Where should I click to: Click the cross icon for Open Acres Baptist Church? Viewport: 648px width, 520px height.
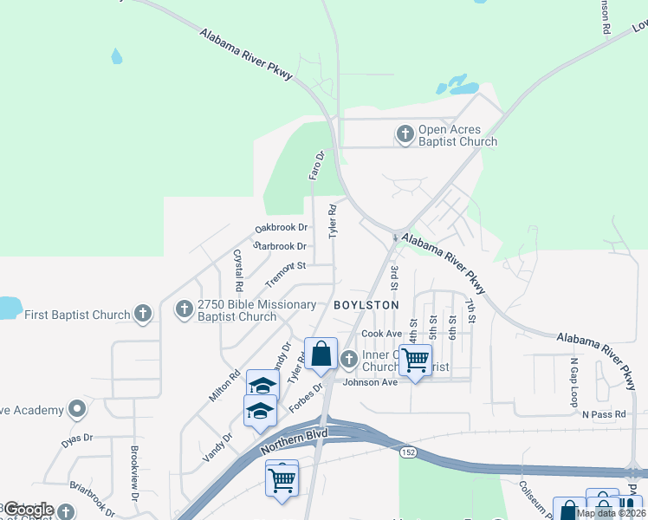pyautogui.click(x=405, y=134)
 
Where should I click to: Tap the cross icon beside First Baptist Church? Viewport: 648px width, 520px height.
pyautogui.click(x=144, y=313)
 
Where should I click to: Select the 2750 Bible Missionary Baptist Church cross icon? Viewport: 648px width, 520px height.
pyautogui.click(x=184, y=309)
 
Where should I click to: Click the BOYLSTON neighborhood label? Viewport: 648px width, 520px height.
pyautogui.click(x=366, y=305)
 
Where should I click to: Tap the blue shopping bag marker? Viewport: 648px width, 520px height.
pyautogui.click(x=321, y=353)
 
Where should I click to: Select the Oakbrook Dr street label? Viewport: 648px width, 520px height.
pyautogui.click(x=281, y=228)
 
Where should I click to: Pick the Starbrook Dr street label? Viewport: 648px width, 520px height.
pyautogui.click(x=279, y=246)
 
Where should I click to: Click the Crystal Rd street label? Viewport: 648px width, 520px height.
pyautogui.click(x=238, y=270)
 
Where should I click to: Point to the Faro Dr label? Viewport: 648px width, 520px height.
pyautogui.click(x=316, y=166)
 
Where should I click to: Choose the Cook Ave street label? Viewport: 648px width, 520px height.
pyautogui.click(x=381, y=334)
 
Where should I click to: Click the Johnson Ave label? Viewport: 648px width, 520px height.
pyautogui.click(x=370, y=382)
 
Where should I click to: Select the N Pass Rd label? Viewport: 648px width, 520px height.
pyautogui.click(x=603, y=415)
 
